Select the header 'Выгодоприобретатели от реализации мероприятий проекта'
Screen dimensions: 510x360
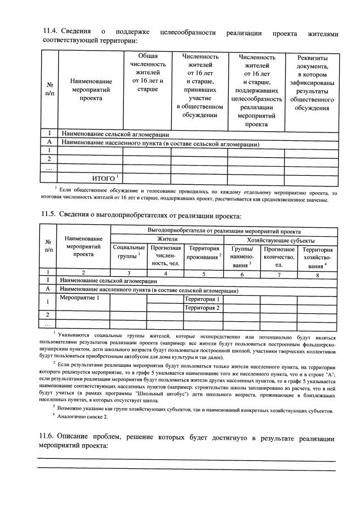point(224,231)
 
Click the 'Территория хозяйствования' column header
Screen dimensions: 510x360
point(318,257)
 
